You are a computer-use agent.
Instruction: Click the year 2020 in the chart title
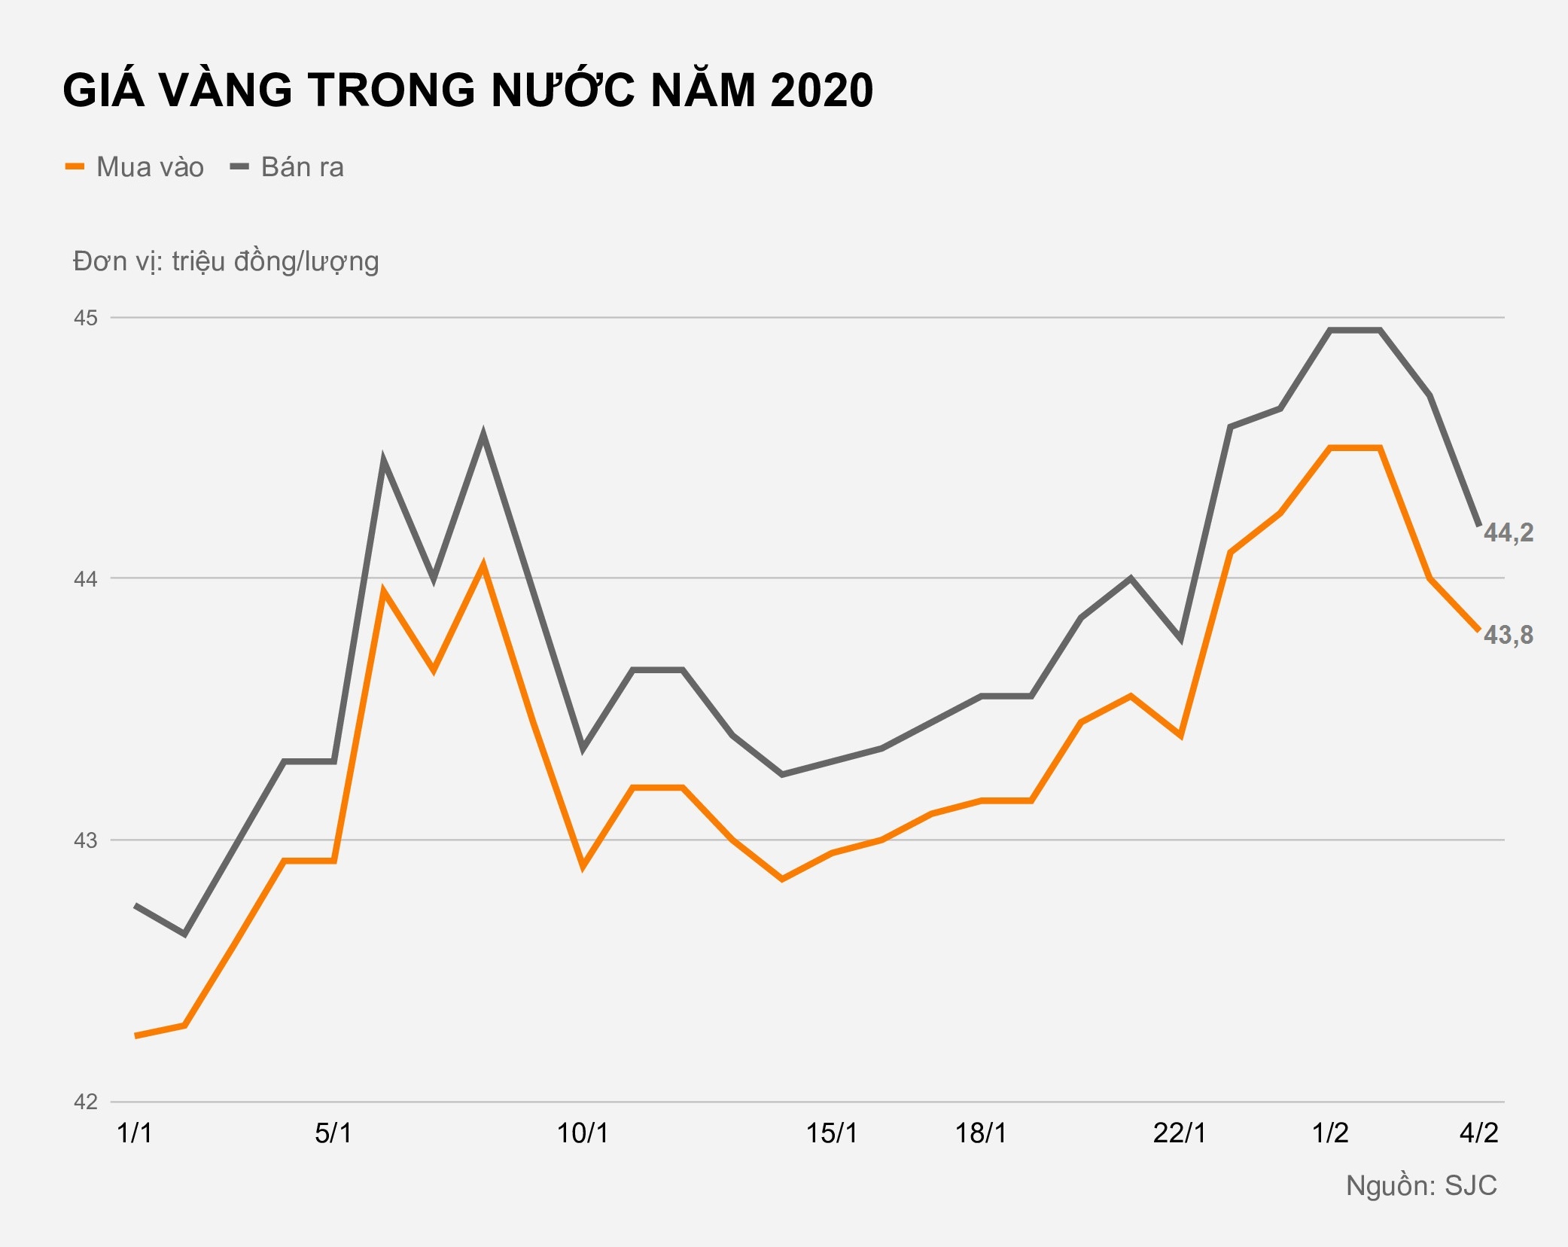(x=821, y=90)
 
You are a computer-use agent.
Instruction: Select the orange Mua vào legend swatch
(x=75, y=166)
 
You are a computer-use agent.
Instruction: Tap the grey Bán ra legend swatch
(x=239, y=166)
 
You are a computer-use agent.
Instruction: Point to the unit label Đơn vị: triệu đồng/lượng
(x=226, y=262)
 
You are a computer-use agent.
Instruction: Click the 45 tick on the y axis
(x=86, y=318)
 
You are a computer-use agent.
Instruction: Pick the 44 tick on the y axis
(x=86, y=579)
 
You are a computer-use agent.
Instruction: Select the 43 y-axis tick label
(x=86, y=840)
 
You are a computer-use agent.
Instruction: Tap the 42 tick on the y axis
(x=86, y=1102)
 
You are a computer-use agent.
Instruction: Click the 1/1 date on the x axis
(x=135, y=1133)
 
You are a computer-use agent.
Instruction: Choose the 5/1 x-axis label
(x=333, y=1133)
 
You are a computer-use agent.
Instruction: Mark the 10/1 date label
(x=582, y=1133)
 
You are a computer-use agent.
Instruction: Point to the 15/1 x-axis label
(x=832, y=1133)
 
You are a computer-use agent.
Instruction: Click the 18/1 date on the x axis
(x=981, y=1133)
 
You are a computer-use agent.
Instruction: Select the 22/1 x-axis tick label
(x=1180, y=1133)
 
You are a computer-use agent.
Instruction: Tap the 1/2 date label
(x=1330, y=1133)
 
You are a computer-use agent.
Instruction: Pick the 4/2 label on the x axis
(x=1478, y=1133)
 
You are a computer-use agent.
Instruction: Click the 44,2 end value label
(x=1508, y=533)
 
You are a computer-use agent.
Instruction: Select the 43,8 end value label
(x=1508, y=636)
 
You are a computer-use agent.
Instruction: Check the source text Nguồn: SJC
(x=1421, y=1186)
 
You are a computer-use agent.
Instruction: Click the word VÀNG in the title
(x=225, y=90)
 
